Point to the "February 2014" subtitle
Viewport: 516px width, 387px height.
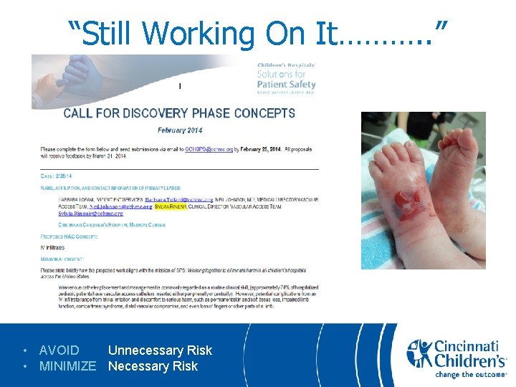coord(180,130)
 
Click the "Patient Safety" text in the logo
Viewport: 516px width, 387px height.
coord(286,85)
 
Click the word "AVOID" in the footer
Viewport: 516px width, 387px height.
coord(59,350)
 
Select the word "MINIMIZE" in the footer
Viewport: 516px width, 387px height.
coord(67,366)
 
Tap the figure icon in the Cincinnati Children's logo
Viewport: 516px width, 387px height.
coord(419,353)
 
